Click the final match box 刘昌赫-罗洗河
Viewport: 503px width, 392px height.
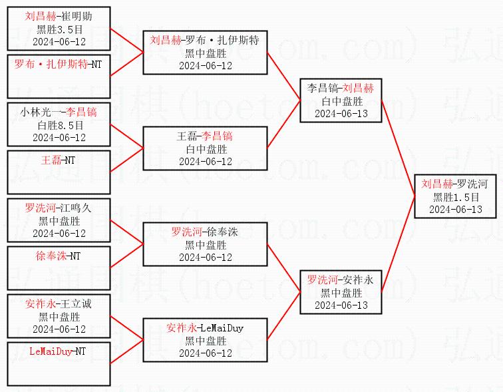(x=455, y=196)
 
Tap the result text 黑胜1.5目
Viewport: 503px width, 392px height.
(x=456, y=197)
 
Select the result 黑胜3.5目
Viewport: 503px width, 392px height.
(x=60, y=29)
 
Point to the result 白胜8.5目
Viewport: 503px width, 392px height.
(x=60, y=125)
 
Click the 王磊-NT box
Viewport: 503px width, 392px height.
(x=59, y=172)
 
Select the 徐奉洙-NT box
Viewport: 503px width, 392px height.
(x=59, y=268)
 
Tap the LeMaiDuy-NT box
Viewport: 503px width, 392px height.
(x=59, y=363)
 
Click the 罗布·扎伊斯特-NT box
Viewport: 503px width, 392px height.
(x=59, y=77)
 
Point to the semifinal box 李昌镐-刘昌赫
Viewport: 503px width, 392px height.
(x=340, y=100)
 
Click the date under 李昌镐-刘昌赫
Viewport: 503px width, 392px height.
(x=340, y=114)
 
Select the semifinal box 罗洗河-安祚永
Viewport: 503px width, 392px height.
(x=340, y=292)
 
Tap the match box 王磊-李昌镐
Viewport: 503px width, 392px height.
(x=205, y=148)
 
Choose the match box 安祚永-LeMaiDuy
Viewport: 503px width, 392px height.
(x=205, y=340)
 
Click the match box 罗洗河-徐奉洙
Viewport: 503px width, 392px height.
(x=205, y=244)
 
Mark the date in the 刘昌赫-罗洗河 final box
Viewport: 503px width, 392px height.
(x=456, y=209)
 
